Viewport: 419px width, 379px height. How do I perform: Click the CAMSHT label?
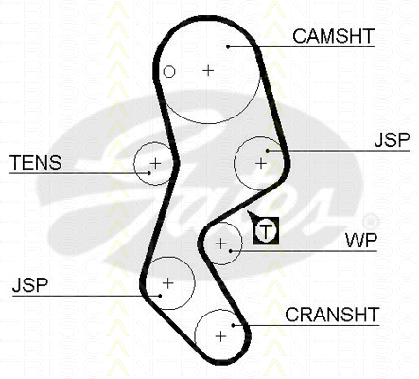coord(333,36)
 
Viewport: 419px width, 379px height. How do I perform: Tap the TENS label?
coord(36,163)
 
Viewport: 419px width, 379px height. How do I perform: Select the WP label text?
coord(361,241)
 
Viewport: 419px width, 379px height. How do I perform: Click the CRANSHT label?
coord(332,315)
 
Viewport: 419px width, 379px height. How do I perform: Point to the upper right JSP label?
coord(392,139)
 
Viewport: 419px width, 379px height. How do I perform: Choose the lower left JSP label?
coord(30,284)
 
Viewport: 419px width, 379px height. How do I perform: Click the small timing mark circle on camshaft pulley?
coord(169,72)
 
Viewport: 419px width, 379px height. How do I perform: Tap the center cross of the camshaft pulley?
coord(208,70)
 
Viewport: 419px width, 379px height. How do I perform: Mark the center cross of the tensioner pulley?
coord(155,163)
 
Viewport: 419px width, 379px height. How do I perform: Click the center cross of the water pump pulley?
coord(221,244)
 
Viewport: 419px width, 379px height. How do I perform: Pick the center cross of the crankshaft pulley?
coord(220,336)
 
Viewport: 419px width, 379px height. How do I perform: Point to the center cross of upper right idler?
coord(261,163)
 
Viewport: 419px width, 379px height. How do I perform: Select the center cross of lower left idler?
coord(167,283)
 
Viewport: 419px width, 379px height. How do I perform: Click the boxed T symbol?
coord(266,231)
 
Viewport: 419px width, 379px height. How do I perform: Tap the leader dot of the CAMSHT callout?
coord(228,46)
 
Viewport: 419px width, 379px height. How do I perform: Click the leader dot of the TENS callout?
coord(149,173)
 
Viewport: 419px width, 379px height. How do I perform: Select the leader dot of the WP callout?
coord(231,251)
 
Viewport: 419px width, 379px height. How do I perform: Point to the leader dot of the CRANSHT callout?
coord(233,325)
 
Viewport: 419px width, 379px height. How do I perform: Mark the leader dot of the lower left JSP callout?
coord(160,296)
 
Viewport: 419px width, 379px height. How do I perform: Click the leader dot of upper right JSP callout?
coord(268,151)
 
